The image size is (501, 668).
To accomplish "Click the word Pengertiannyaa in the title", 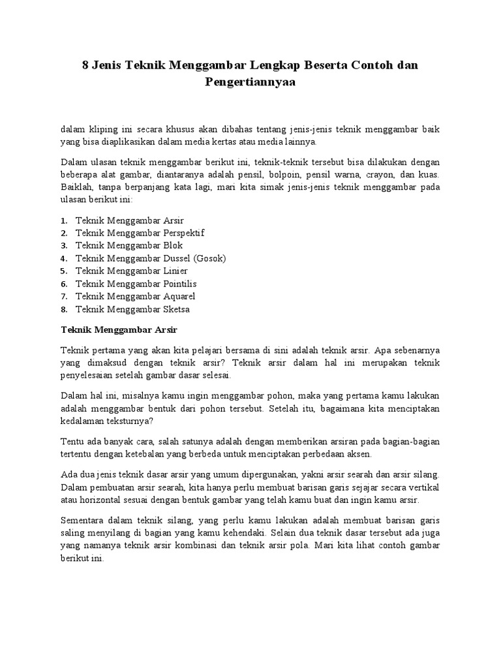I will tap(250, 83).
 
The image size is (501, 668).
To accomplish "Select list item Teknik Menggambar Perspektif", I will tap(140, 233).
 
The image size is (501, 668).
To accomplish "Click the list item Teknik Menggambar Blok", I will tap(129, 245).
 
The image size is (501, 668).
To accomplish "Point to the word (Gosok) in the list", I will tap(207, 258).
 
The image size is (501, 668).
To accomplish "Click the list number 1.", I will tap(63, 220).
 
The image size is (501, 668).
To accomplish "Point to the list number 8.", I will tap(63, 309).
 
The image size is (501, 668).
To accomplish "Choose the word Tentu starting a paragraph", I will tap(72, 441).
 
